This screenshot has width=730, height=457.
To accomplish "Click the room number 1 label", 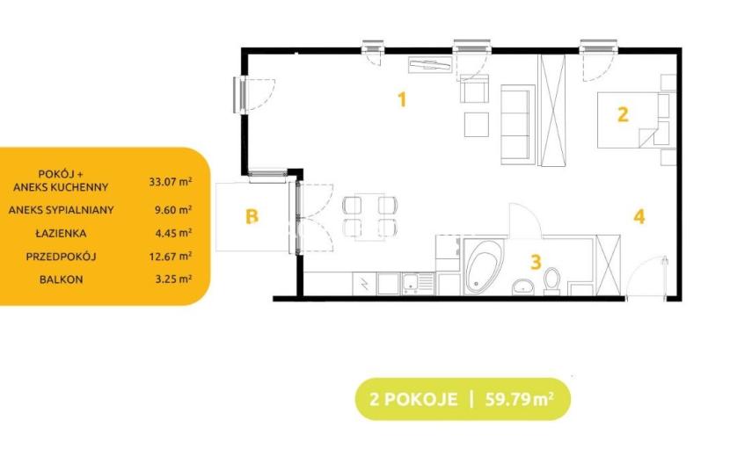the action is pos(402,99).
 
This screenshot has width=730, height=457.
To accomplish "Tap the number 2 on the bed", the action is pos(623,114).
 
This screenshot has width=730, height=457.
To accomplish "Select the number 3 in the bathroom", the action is pos(536,262).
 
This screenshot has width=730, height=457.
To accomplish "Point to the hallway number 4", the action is pos(639,216).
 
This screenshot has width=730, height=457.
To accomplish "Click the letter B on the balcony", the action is pos(252,216).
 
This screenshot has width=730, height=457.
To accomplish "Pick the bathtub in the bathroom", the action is pos(485,266).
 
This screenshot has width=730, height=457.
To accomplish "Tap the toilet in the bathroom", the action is pos(552,280).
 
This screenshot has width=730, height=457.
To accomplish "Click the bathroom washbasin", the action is pos(525,287).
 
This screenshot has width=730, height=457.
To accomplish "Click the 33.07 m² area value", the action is pos(171,182).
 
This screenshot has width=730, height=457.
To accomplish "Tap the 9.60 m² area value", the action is pos(173,210).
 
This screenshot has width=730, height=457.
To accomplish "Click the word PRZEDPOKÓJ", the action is pos(61,257).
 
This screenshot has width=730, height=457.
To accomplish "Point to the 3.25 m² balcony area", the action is pos(173,279).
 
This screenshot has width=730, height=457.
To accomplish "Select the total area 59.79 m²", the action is pos(520,399).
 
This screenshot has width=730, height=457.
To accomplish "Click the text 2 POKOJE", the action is pos(413,399).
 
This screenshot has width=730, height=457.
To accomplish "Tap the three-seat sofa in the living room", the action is pos(518,125).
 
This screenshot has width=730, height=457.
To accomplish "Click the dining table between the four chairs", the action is pos(369,217).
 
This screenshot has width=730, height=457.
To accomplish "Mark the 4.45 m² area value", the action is pos(173,233).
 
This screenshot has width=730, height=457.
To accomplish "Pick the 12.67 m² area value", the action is pos(171,257).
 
